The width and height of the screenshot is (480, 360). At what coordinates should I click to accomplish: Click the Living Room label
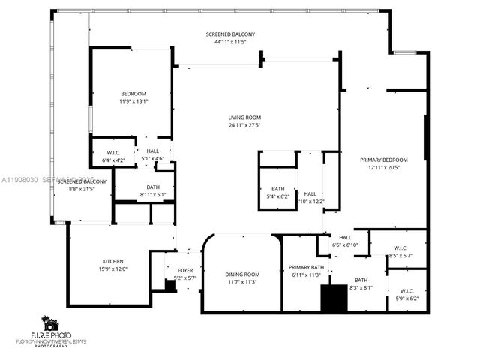(244, 117)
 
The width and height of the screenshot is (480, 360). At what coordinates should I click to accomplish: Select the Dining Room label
(241, 274)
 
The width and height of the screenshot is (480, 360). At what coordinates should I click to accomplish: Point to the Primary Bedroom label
(388, 160)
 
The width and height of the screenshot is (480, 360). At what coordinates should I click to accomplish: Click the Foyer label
(184, 270)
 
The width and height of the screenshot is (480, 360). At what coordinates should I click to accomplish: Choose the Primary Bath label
(307, 267)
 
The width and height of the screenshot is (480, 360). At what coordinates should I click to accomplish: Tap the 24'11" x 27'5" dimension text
(244, 125)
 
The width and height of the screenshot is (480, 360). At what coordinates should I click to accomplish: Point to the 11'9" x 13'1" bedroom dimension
(133, 101)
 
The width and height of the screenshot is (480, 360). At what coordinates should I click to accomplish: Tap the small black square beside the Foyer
(170, 285)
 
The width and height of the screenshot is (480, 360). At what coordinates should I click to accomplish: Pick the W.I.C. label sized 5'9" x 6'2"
(406, 292)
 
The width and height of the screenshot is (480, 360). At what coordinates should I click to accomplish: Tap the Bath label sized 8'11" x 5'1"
(153, 187)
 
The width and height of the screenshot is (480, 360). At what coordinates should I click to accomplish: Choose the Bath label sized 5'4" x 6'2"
(277, 189)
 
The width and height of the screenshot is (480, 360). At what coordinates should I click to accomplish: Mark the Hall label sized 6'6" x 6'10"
(345, 237)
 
